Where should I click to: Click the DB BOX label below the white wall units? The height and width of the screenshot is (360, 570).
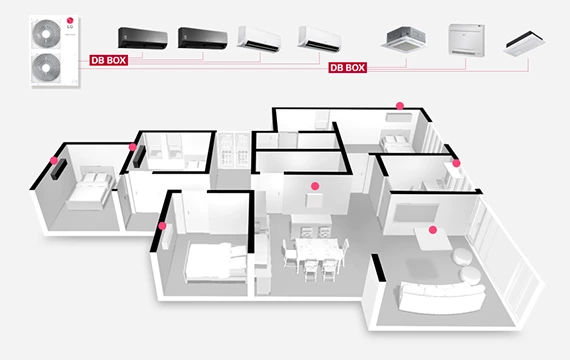[346, 68]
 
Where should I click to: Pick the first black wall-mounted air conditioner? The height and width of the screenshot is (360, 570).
[145, 37]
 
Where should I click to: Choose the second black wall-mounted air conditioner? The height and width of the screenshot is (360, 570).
[204, 37]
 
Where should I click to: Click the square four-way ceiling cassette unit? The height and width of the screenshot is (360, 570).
[406, 37]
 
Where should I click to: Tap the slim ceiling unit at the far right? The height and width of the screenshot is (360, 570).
[526, 39]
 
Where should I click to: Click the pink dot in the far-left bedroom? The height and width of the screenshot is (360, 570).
[53, 160]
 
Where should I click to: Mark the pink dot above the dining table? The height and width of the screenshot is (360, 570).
[314, 186]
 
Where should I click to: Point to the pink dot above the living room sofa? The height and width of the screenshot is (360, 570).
[433, 230]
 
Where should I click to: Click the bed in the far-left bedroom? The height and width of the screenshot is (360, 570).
[88, 187]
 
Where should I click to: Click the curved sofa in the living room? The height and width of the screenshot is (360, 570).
[441, 295]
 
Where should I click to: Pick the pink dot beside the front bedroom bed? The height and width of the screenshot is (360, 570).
[163, 226]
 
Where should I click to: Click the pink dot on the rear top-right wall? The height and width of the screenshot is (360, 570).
[400, 104]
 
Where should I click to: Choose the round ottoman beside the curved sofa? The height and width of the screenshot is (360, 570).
[465, 258]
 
